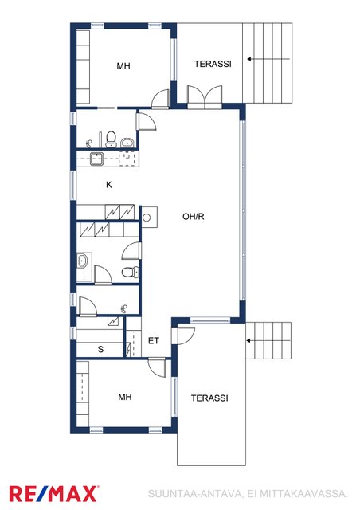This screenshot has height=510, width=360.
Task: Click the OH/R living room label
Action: pyautogui.click(x=194, y=216)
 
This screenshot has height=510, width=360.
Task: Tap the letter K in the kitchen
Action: pyautogui.click(x=109, y=185)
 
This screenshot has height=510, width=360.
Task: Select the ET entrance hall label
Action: pyautogui.click(x=154, y=341)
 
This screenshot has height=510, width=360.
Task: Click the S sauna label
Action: pyautogui.click(x=101, y=349)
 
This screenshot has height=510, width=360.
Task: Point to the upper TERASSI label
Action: pyautogui.click(x=213, y=64)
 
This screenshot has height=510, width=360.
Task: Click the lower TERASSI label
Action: pyautogui.click(x=209, y=398)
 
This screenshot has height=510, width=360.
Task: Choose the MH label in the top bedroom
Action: pyautogui.click(x=123, y=66)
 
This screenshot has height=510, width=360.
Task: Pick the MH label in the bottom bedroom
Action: pyautogui.click(x=125, y=397)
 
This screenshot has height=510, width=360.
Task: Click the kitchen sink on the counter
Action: pyautogui.click(x=96, y=159)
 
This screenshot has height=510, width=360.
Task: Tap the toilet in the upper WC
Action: pyautogui.click(x=112, y=139)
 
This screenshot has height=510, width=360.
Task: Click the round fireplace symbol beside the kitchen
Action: pyautogui.click(x=147, y=218)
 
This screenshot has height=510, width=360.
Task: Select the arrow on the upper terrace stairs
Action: pyautogui.click(x=268, y=59)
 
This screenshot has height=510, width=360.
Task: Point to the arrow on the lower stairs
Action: pyautogui.click(x=268, y=341)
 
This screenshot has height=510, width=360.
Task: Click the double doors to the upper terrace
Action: pyautogui.click(x=205, y=97)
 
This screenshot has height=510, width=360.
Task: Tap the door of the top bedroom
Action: pyautogui.click(x=160, y=99)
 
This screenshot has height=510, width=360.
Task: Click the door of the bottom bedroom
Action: pyautogui.click(x=157, y=367)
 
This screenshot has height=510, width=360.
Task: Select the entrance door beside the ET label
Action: pyautogui.click(x=183, y=335)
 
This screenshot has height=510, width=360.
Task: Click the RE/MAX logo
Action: pyautogui.click(x=54, y=494)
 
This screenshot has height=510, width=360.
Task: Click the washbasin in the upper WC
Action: pyautogui.click(x=127, y=143)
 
